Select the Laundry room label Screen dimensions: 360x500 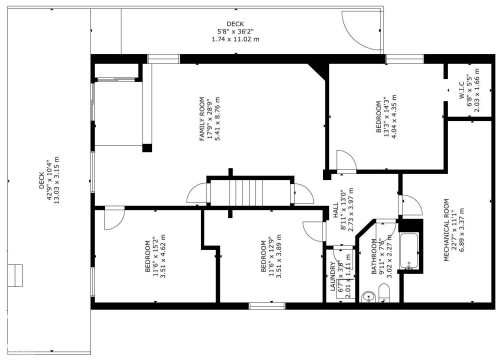pos(335,275)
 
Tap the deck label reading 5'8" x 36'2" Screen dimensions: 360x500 pos(234,31)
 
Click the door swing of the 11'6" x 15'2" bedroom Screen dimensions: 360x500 pos(113,217)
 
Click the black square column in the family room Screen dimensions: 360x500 pos(147,148)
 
